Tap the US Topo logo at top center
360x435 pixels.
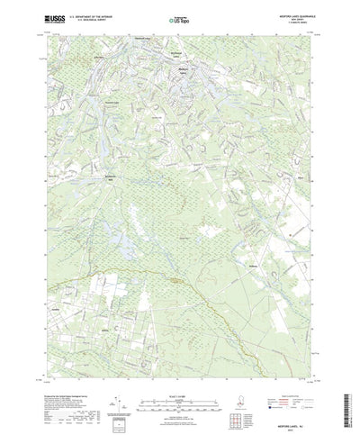click(x=180, y=17)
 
